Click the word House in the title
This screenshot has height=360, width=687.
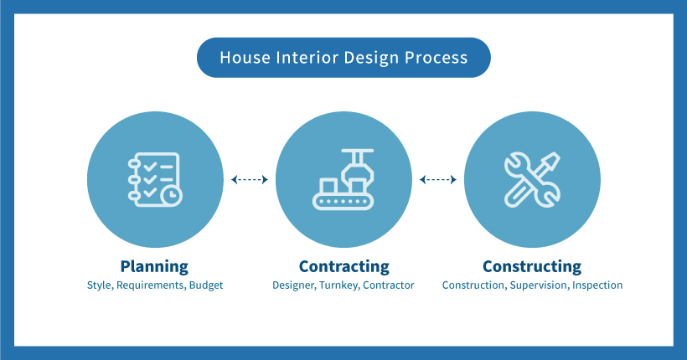tap(245, 58)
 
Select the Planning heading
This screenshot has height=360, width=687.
tap(154, 267)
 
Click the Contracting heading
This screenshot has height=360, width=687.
tap(344, 266)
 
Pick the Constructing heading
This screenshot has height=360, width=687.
tap(532, 266)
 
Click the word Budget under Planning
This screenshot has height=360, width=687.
tap(206, 285)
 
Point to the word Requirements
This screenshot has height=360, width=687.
tap(151, 285)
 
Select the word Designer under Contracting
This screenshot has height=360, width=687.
tap(294, 285)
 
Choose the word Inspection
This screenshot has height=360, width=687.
tap(597, 285)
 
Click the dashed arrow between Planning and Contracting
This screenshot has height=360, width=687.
tap(250, 179)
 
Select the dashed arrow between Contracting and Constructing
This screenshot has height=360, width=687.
tap(437, 179)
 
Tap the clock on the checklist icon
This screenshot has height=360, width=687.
tap(171, 195)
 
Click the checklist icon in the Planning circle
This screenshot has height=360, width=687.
tap(155, 179)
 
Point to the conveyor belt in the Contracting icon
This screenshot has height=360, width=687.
tap(343, 202)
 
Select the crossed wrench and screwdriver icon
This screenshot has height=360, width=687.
tap(532, 179)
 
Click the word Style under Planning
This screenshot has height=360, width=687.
tap(101, 285)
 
